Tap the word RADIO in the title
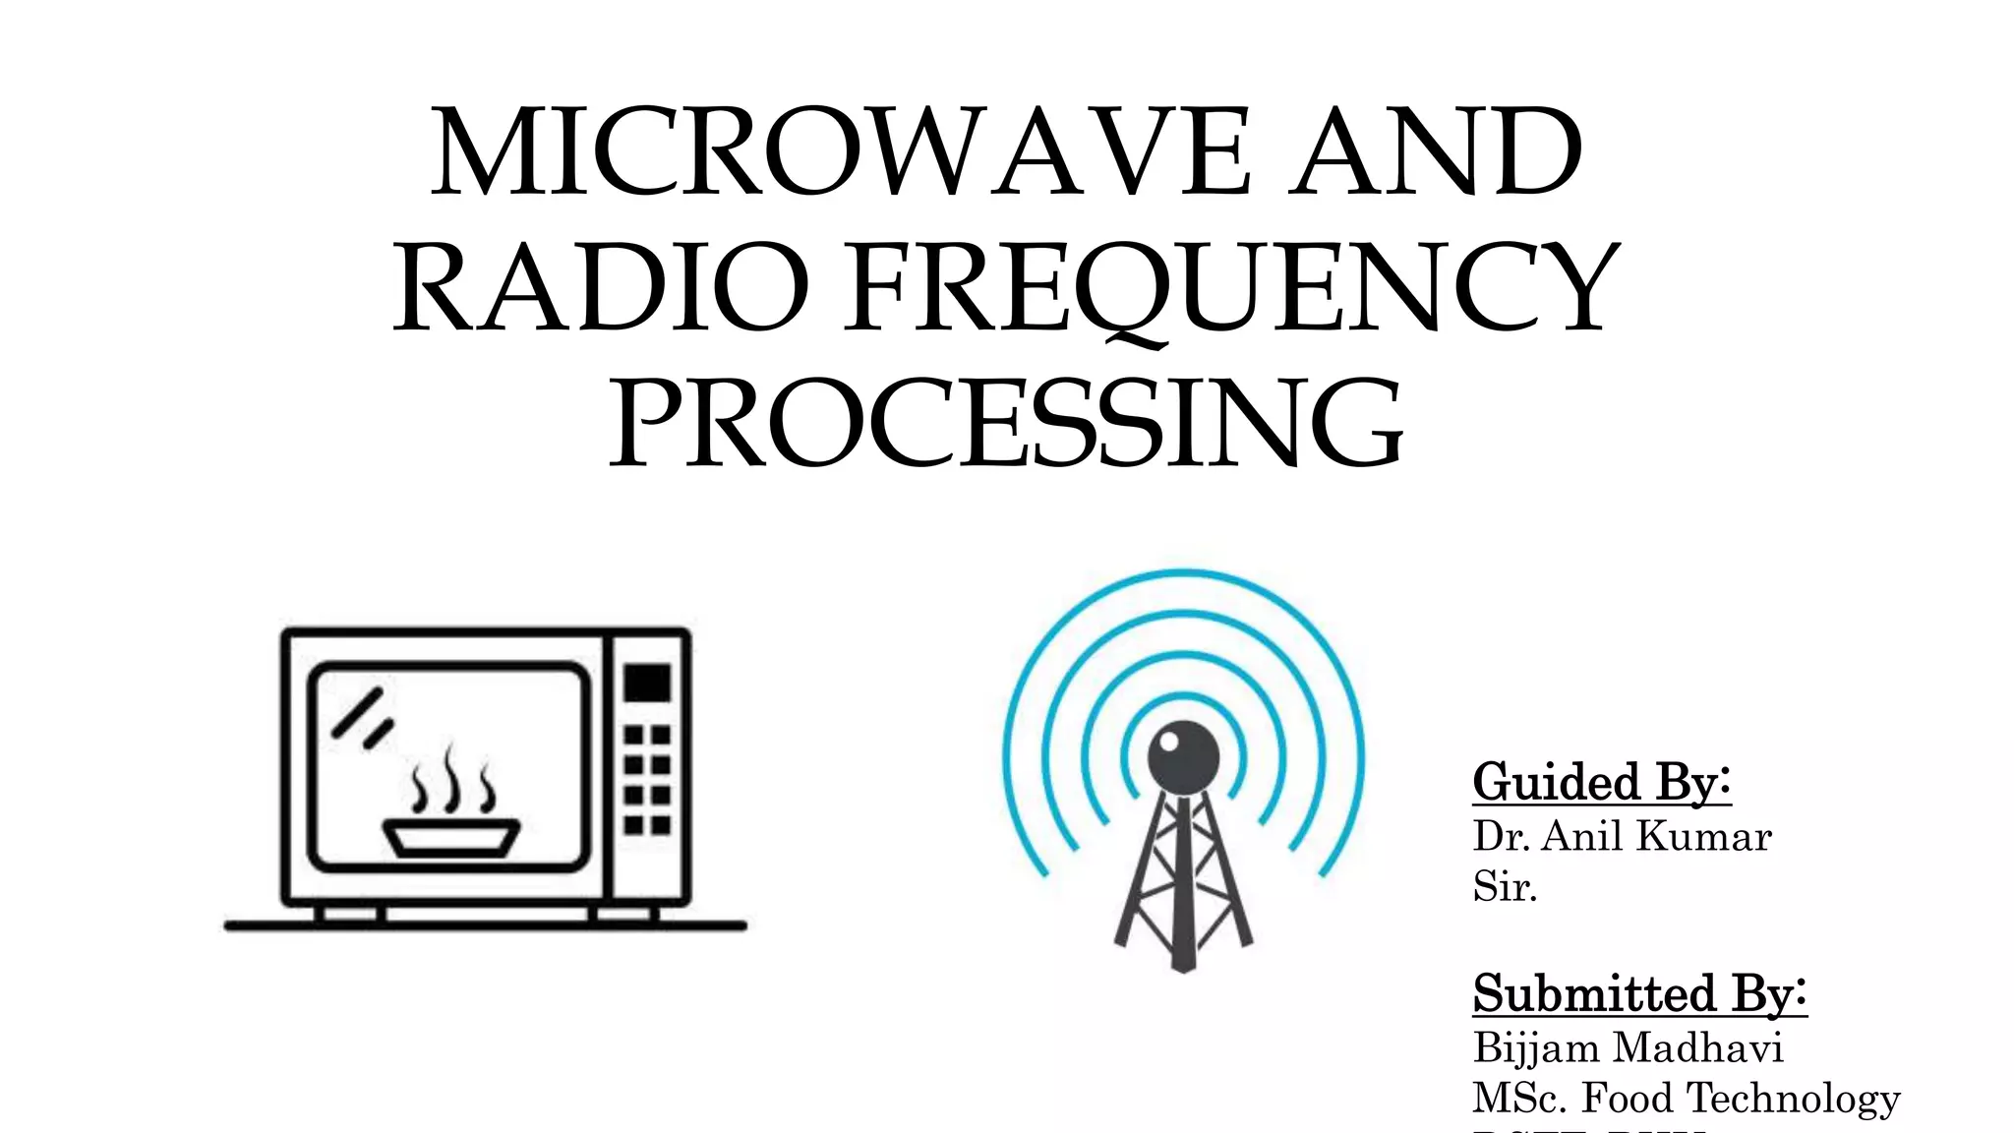[x=601, y=288]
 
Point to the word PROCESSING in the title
[x=1006, y=425]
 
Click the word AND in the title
[x=1436, y=154]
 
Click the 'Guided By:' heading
[x=1601, y=782]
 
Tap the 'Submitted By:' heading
[x=1639, y=993]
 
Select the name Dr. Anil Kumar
[x=1622, y=837]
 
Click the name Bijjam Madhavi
[x=1628, y=1047]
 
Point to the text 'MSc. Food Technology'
[x=1686, y=1098]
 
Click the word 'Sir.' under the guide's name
[x=1505, y=887]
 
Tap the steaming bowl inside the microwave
[x=451, y=837]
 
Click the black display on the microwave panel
[x=648, y=683]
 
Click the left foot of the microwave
[x=350, y=915]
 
